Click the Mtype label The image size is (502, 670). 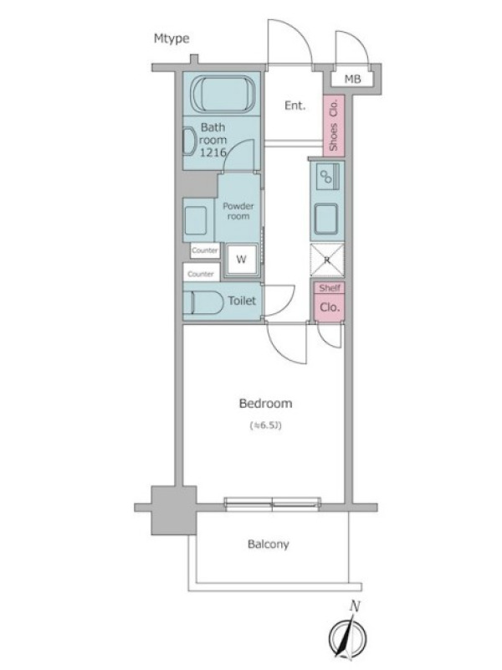tap(172, 39)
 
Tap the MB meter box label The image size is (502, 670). tap(352, 79)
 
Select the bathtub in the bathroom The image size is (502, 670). tap(222, 95)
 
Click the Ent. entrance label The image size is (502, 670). tap(295, 106)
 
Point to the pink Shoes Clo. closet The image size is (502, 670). tap(333, 124)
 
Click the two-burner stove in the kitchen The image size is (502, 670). tap(327, 176)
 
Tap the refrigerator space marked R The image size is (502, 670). tap(326, 260)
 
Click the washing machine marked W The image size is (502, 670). tap(241, 260)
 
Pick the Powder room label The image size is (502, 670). tap(238, 211)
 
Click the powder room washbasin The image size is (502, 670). tap(196, 220)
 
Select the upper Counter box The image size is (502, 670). tap(205, 250)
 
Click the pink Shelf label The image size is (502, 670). tap(330, 288)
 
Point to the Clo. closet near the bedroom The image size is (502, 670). tap(330, 307)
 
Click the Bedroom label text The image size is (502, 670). tap(265, 404)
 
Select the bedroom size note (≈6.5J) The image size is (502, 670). tap(265, 425)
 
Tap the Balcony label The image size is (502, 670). tap(268, 544)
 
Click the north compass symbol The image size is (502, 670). tap(347, 635)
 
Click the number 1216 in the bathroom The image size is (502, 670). tap(213, 152)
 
